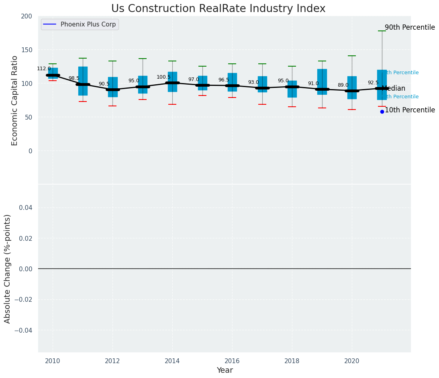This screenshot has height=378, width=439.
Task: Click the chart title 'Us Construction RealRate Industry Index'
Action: click(218, 9)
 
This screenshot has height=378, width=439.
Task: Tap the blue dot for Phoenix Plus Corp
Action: click(382, 112)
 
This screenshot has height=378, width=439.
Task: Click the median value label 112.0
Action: click(44, 69)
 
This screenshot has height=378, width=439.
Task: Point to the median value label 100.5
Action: click(163, 77)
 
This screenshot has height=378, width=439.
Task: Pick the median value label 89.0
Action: click(343, 85)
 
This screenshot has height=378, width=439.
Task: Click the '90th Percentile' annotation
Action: click(410, 28)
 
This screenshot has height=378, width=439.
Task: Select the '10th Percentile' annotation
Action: click(410, 110)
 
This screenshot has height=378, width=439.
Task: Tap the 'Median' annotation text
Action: click(394, 89)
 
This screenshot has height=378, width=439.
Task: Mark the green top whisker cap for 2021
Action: click(382, 31)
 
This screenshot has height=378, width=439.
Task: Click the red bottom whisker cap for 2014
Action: click(172, 104)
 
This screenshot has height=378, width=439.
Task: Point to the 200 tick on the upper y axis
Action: click(27, 16)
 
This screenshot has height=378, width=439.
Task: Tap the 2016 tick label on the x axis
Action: click(232, 361)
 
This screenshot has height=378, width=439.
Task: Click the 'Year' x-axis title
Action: click(225, 370)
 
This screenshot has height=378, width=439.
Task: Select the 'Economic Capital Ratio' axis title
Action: click(15, 100)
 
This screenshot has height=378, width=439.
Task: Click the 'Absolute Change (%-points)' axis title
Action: click(8, 268)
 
